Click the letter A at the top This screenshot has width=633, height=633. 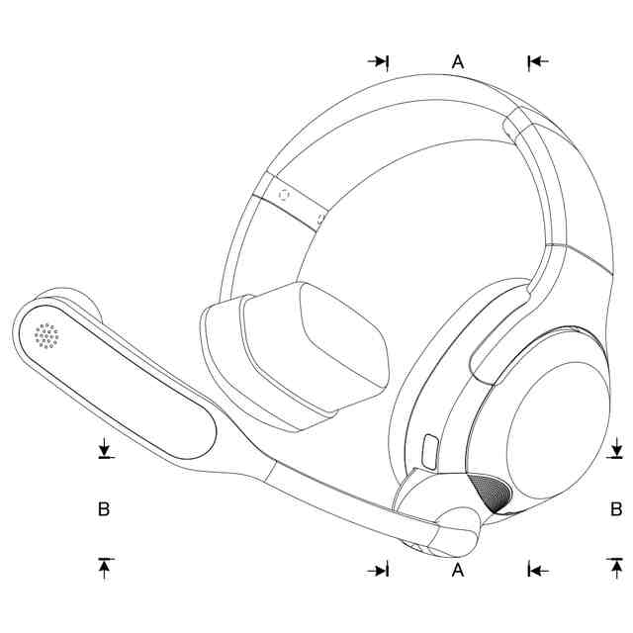458,61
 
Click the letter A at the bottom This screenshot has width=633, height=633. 458,570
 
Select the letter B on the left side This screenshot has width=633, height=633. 103,509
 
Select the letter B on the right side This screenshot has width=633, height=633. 615,509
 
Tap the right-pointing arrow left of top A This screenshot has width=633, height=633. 379,61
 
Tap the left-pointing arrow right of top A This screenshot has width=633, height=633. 537,61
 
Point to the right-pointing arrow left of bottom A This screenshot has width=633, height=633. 379,570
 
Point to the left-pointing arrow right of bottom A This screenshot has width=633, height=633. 537,570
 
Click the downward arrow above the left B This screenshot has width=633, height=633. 106,451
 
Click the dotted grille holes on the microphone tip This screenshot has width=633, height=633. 46,337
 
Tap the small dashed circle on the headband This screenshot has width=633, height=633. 286,195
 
